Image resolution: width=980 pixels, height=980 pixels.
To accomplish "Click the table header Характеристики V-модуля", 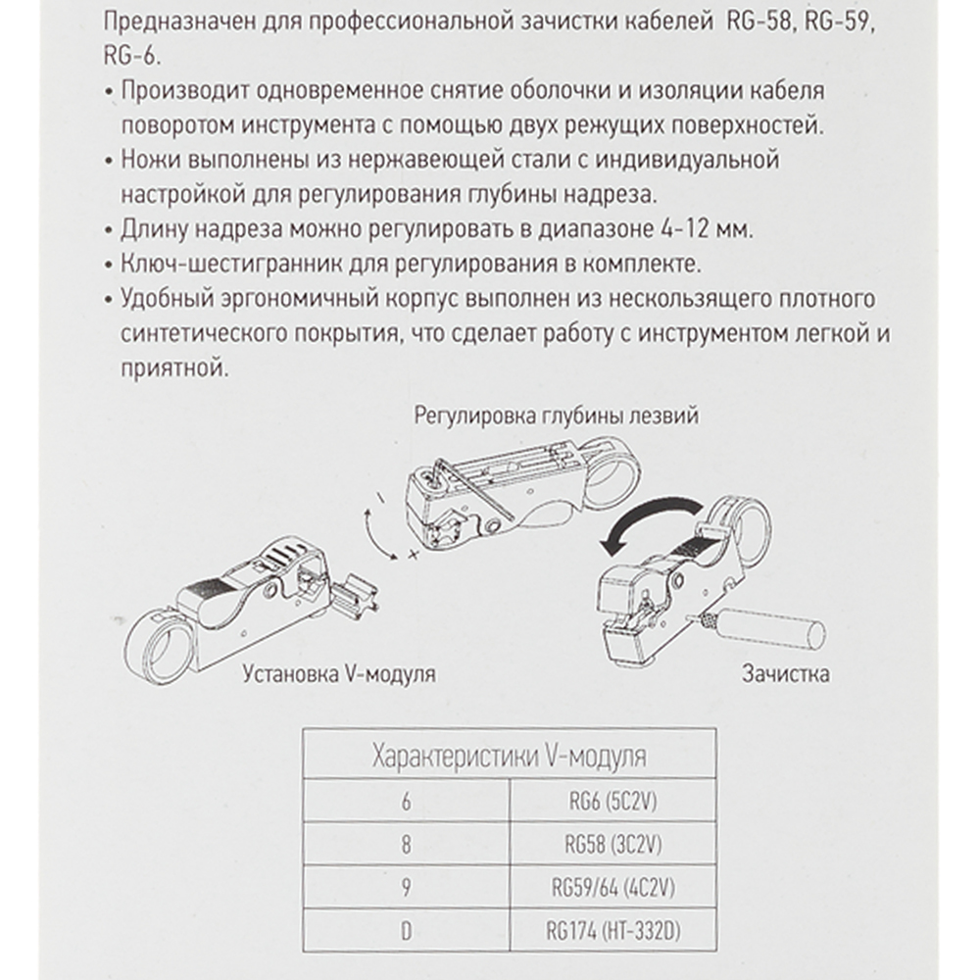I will tap(510, 758).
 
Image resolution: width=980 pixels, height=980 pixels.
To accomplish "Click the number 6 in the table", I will tap(406, 802).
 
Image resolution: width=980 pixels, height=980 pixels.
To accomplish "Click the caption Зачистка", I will tap(786, 673).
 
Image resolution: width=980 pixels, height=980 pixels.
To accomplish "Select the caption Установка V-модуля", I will tap(337, 675).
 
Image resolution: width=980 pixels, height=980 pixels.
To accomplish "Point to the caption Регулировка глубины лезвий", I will tap(556, 416).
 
